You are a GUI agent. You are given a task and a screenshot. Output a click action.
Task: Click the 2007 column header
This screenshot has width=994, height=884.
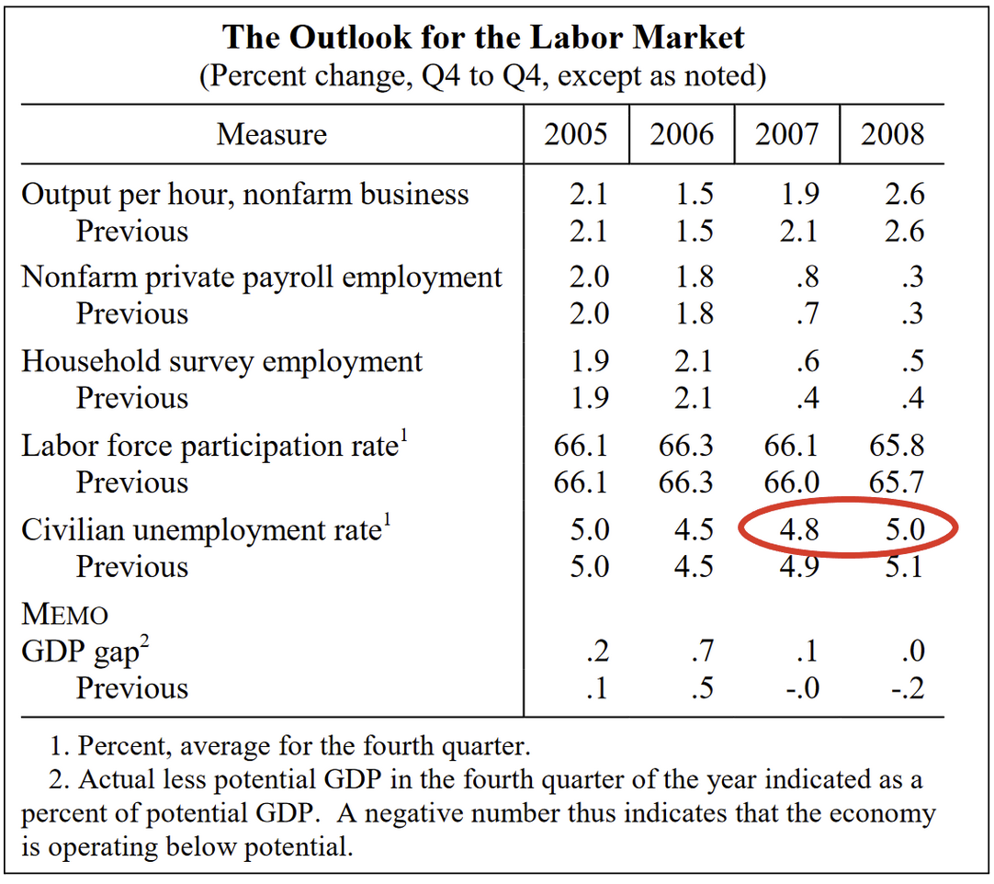click(x=786, y=135)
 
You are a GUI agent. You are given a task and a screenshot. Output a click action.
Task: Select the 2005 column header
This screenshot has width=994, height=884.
click(x=576, y=135)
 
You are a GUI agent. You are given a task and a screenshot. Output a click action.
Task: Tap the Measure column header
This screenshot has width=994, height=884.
click(x=271, y=135)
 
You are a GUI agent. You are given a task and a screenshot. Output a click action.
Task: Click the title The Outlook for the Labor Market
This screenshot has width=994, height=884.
click(x=483, y=38)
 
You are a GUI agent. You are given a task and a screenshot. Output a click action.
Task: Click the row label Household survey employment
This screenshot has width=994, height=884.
click(x=221, y=361)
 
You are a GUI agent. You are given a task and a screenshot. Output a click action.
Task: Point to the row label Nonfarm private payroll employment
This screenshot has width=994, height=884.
click(x=262, y=278)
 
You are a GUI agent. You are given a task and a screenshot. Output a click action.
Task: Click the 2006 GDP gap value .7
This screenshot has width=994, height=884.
click(x=701, y=652)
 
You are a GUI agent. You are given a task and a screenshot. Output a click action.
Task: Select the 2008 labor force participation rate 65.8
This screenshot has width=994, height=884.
click(x=897, y=447)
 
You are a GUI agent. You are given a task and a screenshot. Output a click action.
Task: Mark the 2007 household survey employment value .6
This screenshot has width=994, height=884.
click(x=808, y=361)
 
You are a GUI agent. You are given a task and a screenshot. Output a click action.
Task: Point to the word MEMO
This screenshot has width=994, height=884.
click(x=64, y=615)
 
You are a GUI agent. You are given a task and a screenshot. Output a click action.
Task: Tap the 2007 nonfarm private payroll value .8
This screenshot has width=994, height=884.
click(x=808, y=278)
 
